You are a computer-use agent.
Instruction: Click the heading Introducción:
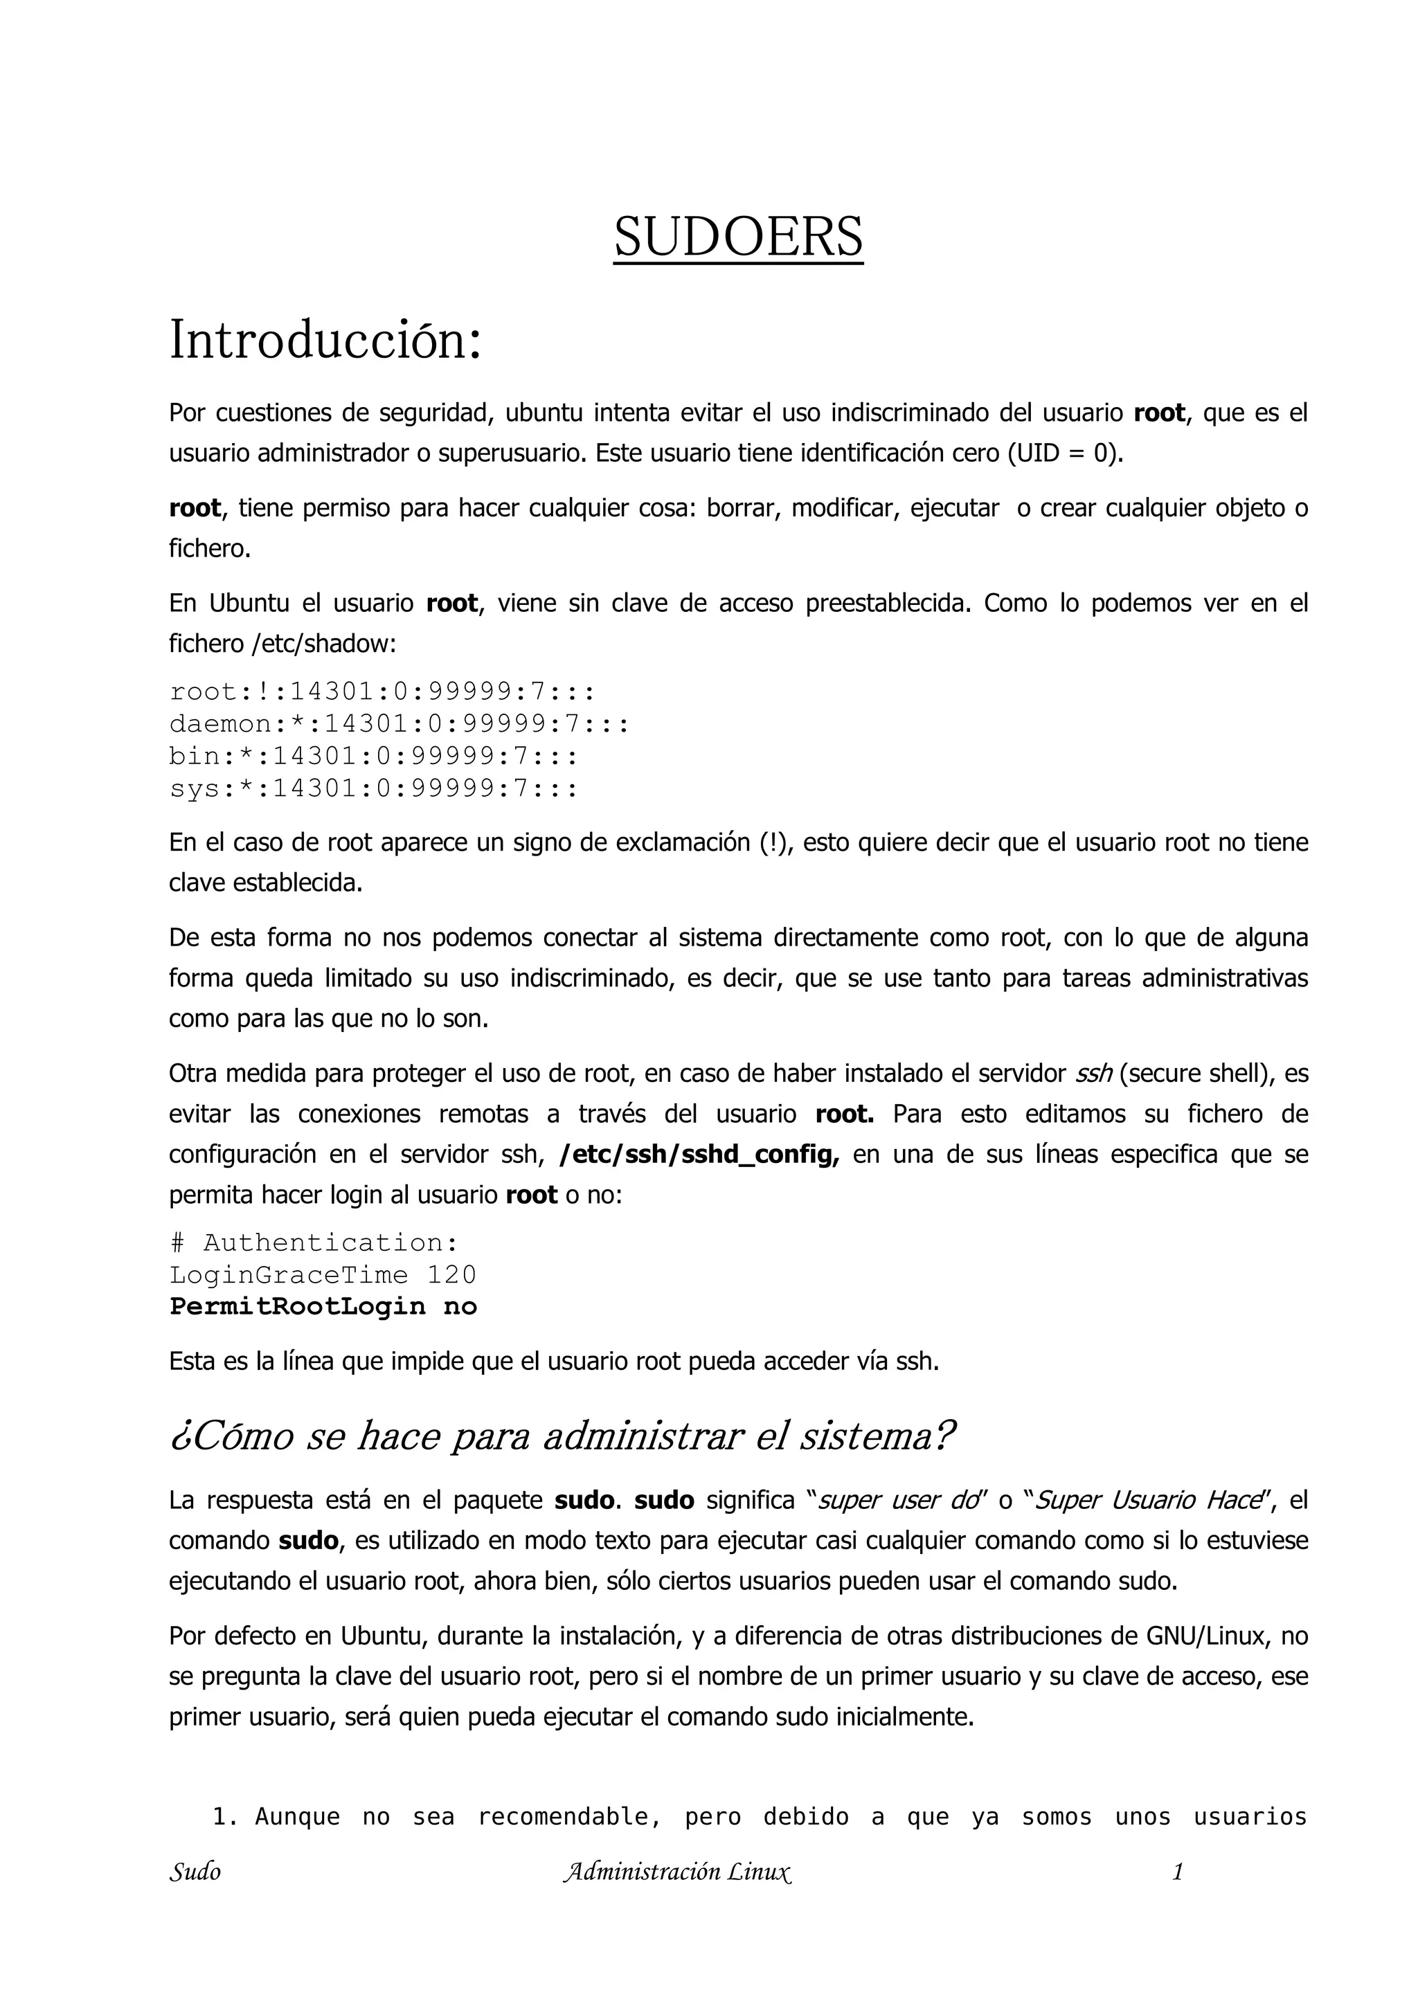coord(325,340)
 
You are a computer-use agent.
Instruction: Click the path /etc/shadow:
coord(323,644)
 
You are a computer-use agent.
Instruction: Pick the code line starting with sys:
coord(373,789)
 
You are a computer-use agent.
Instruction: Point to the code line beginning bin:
coord(373,757)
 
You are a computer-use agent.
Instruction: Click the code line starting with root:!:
coord(382,692)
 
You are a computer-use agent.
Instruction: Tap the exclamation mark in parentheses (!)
coord(774,842)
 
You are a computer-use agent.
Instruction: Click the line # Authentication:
coord(314,1243)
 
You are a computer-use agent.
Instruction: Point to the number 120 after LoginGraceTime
coord(451,1275)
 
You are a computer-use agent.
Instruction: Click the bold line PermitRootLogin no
coord(323,1307)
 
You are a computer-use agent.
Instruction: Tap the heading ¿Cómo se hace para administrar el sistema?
coord(562,1436)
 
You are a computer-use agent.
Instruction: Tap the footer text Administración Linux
coord(678,1872)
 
